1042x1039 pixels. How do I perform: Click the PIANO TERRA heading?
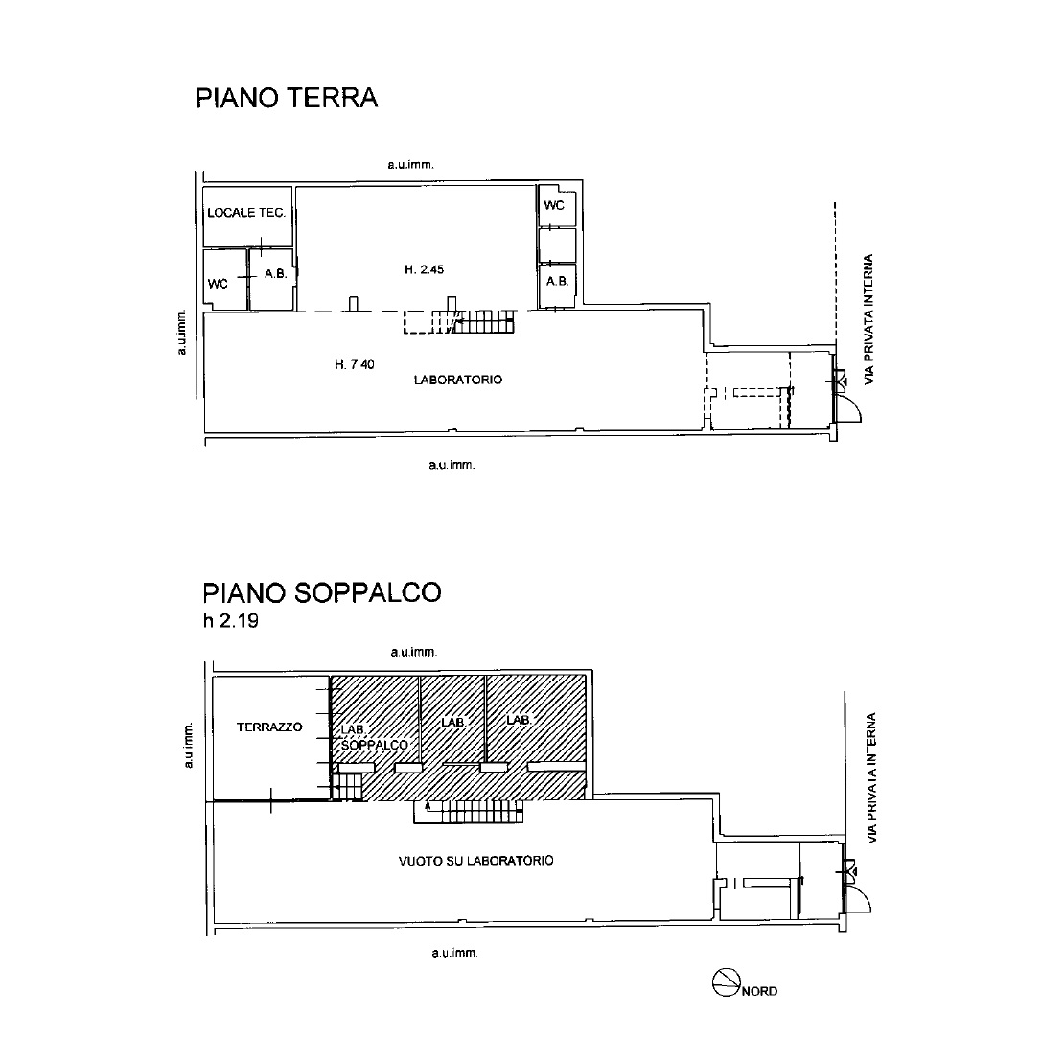click(287, 98)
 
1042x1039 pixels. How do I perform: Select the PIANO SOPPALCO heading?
click(322, 592)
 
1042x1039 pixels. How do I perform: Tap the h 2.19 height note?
click(231, 620)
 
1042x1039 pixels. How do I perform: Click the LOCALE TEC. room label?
click(246, 213)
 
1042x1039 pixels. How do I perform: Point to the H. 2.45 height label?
click(424, 269)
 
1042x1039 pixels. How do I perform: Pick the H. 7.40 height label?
click(354, 364)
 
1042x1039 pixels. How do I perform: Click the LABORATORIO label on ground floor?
click(458, 380)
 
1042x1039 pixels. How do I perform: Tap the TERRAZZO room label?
click(269, 727)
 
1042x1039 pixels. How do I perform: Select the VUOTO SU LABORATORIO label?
click(475, 861)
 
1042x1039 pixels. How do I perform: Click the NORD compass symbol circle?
click(727, 981)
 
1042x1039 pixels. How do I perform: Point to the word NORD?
click(759, 991)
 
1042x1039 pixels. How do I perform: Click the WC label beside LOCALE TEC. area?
click(218, 284)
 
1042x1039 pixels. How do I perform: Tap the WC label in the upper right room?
click(553, 205)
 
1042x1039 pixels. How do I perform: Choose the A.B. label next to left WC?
click(275, 273)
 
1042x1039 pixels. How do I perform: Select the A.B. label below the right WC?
click(557, 281)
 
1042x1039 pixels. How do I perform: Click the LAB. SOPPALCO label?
click(373, 737)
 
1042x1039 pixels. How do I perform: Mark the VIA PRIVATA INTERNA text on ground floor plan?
click(868, 319)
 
